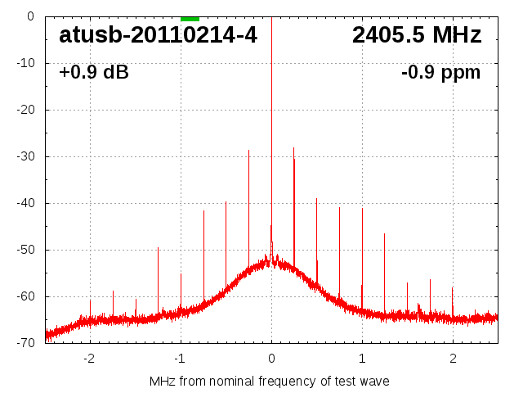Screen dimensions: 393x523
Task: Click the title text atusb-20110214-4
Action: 158,35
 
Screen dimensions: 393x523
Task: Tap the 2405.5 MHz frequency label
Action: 417,35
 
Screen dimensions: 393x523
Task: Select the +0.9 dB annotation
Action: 94,73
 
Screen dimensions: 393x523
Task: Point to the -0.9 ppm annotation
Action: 441,73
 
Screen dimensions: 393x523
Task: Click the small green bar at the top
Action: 190,18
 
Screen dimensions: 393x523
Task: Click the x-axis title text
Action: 270,381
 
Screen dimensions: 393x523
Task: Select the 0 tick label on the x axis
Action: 271,358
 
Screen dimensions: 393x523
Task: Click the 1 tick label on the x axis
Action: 362,358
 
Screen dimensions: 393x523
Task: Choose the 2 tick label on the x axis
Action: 453,358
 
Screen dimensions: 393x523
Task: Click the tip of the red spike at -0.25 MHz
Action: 248,151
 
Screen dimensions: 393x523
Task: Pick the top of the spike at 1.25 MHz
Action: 384,234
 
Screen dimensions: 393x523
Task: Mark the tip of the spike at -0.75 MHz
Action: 203,211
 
